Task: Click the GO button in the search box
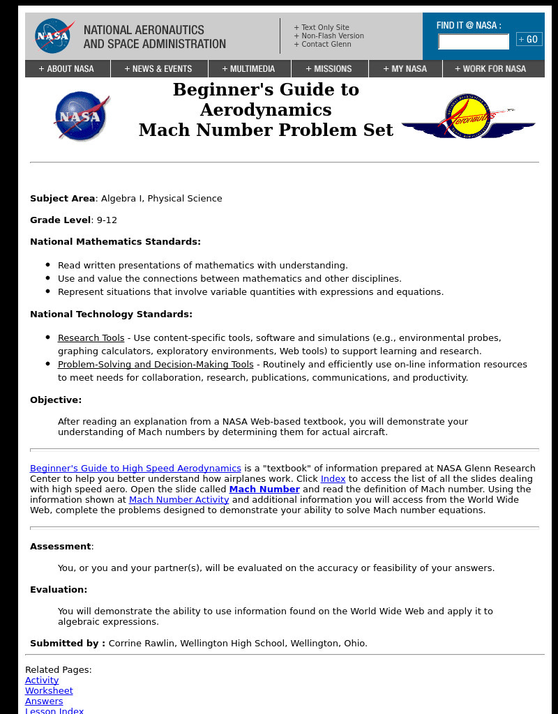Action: click(x=529, y=40)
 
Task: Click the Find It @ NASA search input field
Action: click(x=474, y=42)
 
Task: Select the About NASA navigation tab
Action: click(x=67, y=69)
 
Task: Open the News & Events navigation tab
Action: click(x=158, y=69)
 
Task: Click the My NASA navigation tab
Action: click(x=405, y=69)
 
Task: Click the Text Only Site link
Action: click(x=325, y=28)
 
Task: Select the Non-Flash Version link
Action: click(x=332, y=36)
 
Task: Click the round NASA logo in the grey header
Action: click(x=52, y=36)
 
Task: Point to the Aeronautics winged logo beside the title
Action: click(x=468, y=116)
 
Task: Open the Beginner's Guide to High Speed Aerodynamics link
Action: click(x=135, y=469)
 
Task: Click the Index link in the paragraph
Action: click(x=333, y=479)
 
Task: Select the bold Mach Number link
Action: click(x=264, y=489)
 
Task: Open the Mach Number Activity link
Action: click(x=179, y=500)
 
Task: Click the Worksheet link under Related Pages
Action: click(x=49, y=691)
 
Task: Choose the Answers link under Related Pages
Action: click(x=44, y=701)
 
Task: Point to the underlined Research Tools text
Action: click(x=91, y=338)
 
